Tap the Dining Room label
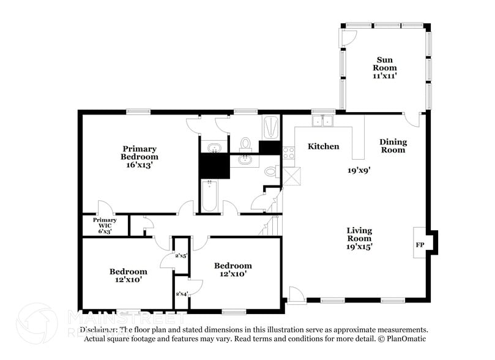click(x=393, y=146)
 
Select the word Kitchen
click(x=323, y=146)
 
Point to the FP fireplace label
click(x=420, y=245)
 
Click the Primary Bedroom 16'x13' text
click(x=140, y=156)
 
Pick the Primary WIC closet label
click(x=105, y=223)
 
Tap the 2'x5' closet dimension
click(x=181, y=256)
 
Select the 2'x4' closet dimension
click(x=182, y=294)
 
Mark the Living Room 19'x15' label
click(x=360, y=238)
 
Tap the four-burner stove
click(x=288, y=152)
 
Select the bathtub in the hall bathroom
click(x=210, y=195)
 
